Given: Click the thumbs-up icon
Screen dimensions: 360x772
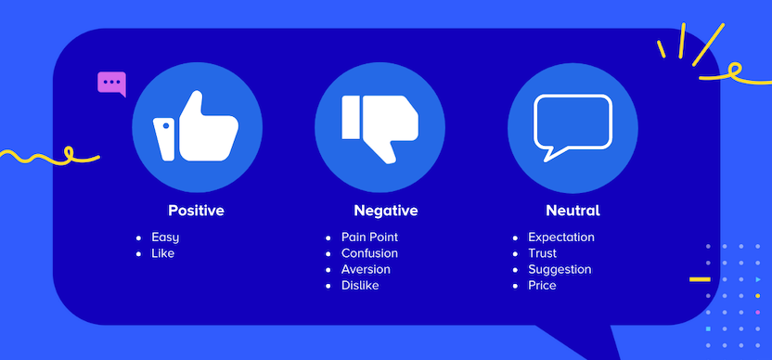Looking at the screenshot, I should point(196,127).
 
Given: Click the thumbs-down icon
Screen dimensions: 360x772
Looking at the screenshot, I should point(380,127).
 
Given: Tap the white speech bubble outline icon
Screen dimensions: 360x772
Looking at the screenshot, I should point(573,127).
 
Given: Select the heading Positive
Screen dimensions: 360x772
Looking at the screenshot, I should point(196,211).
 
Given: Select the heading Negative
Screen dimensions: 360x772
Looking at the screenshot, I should point(385,211).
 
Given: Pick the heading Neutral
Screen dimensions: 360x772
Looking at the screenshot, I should point(573,211).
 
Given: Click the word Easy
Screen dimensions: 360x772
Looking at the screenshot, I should point(165,238).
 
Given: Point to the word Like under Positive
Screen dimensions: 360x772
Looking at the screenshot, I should point(162,253).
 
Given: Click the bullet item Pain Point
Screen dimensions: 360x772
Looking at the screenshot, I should point(369,238).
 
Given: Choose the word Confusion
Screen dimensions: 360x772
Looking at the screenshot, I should point(369,253).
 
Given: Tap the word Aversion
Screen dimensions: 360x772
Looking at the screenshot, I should point(366,269).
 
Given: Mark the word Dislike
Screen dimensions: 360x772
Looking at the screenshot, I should point(360,285).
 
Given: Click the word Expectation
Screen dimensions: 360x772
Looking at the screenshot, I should point(560,238).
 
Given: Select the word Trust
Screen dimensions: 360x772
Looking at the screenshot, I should point(544,253).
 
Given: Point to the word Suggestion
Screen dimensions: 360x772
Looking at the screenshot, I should point(560,269).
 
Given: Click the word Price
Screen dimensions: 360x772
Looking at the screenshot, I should point(542,285).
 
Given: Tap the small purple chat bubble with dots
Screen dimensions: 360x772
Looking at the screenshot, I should point(111,83).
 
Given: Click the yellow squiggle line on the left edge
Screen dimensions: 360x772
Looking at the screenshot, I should point(46,157).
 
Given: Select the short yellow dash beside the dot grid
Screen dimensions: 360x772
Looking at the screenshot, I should point(700,278).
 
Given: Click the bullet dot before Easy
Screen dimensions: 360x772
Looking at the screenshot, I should point(139,238).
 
